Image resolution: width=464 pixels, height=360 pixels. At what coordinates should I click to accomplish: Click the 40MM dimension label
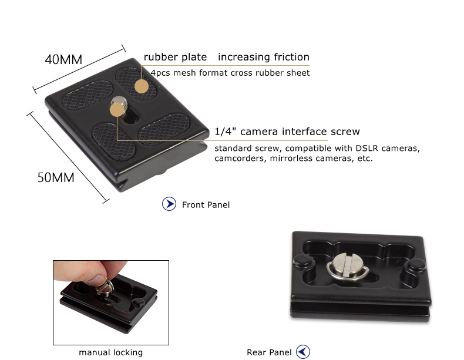click(63, 59)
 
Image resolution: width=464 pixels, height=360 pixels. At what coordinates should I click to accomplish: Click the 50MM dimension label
click(56, 177)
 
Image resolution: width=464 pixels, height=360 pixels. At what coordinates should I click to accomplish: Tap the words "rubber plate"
click(175, 57)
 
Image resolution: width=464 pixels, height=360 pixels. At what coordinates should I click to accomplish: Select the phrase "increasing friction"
click(264, 56)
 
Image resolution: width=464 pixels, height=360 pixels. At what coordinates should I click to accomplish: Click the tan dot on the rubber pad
click(142, 86)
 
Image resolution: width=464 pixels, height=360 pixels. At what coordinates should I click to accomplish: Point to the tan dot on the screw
click(117, 110)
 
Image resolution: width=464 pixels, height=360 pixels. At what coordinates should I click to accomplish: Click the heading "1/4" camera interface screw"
click(287, 132)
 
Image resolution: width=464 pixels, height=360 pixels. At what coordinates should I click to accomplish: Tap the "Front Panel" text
click(206, 205)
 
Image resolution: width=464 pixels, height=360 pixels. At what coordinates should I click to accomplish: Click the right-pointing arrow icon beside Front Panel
click(169, 204)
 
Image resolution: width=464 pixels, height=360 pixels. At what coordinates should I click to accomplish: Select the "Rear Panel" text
click(269, 352)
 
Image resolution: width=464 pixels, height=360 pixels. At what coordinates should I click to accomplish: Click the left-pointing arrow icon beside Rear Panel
click(302, 352)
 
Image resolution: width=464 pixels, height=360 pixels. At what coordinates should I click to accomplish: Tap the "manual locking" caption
click(110, 352)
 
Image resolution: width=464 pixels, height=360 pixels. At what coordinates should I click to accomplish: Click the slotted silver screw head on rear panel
click(347, 264)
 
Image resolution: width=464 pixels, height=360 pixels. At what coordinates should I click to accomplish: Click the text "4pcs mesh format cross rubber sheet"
click(230, 73)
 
